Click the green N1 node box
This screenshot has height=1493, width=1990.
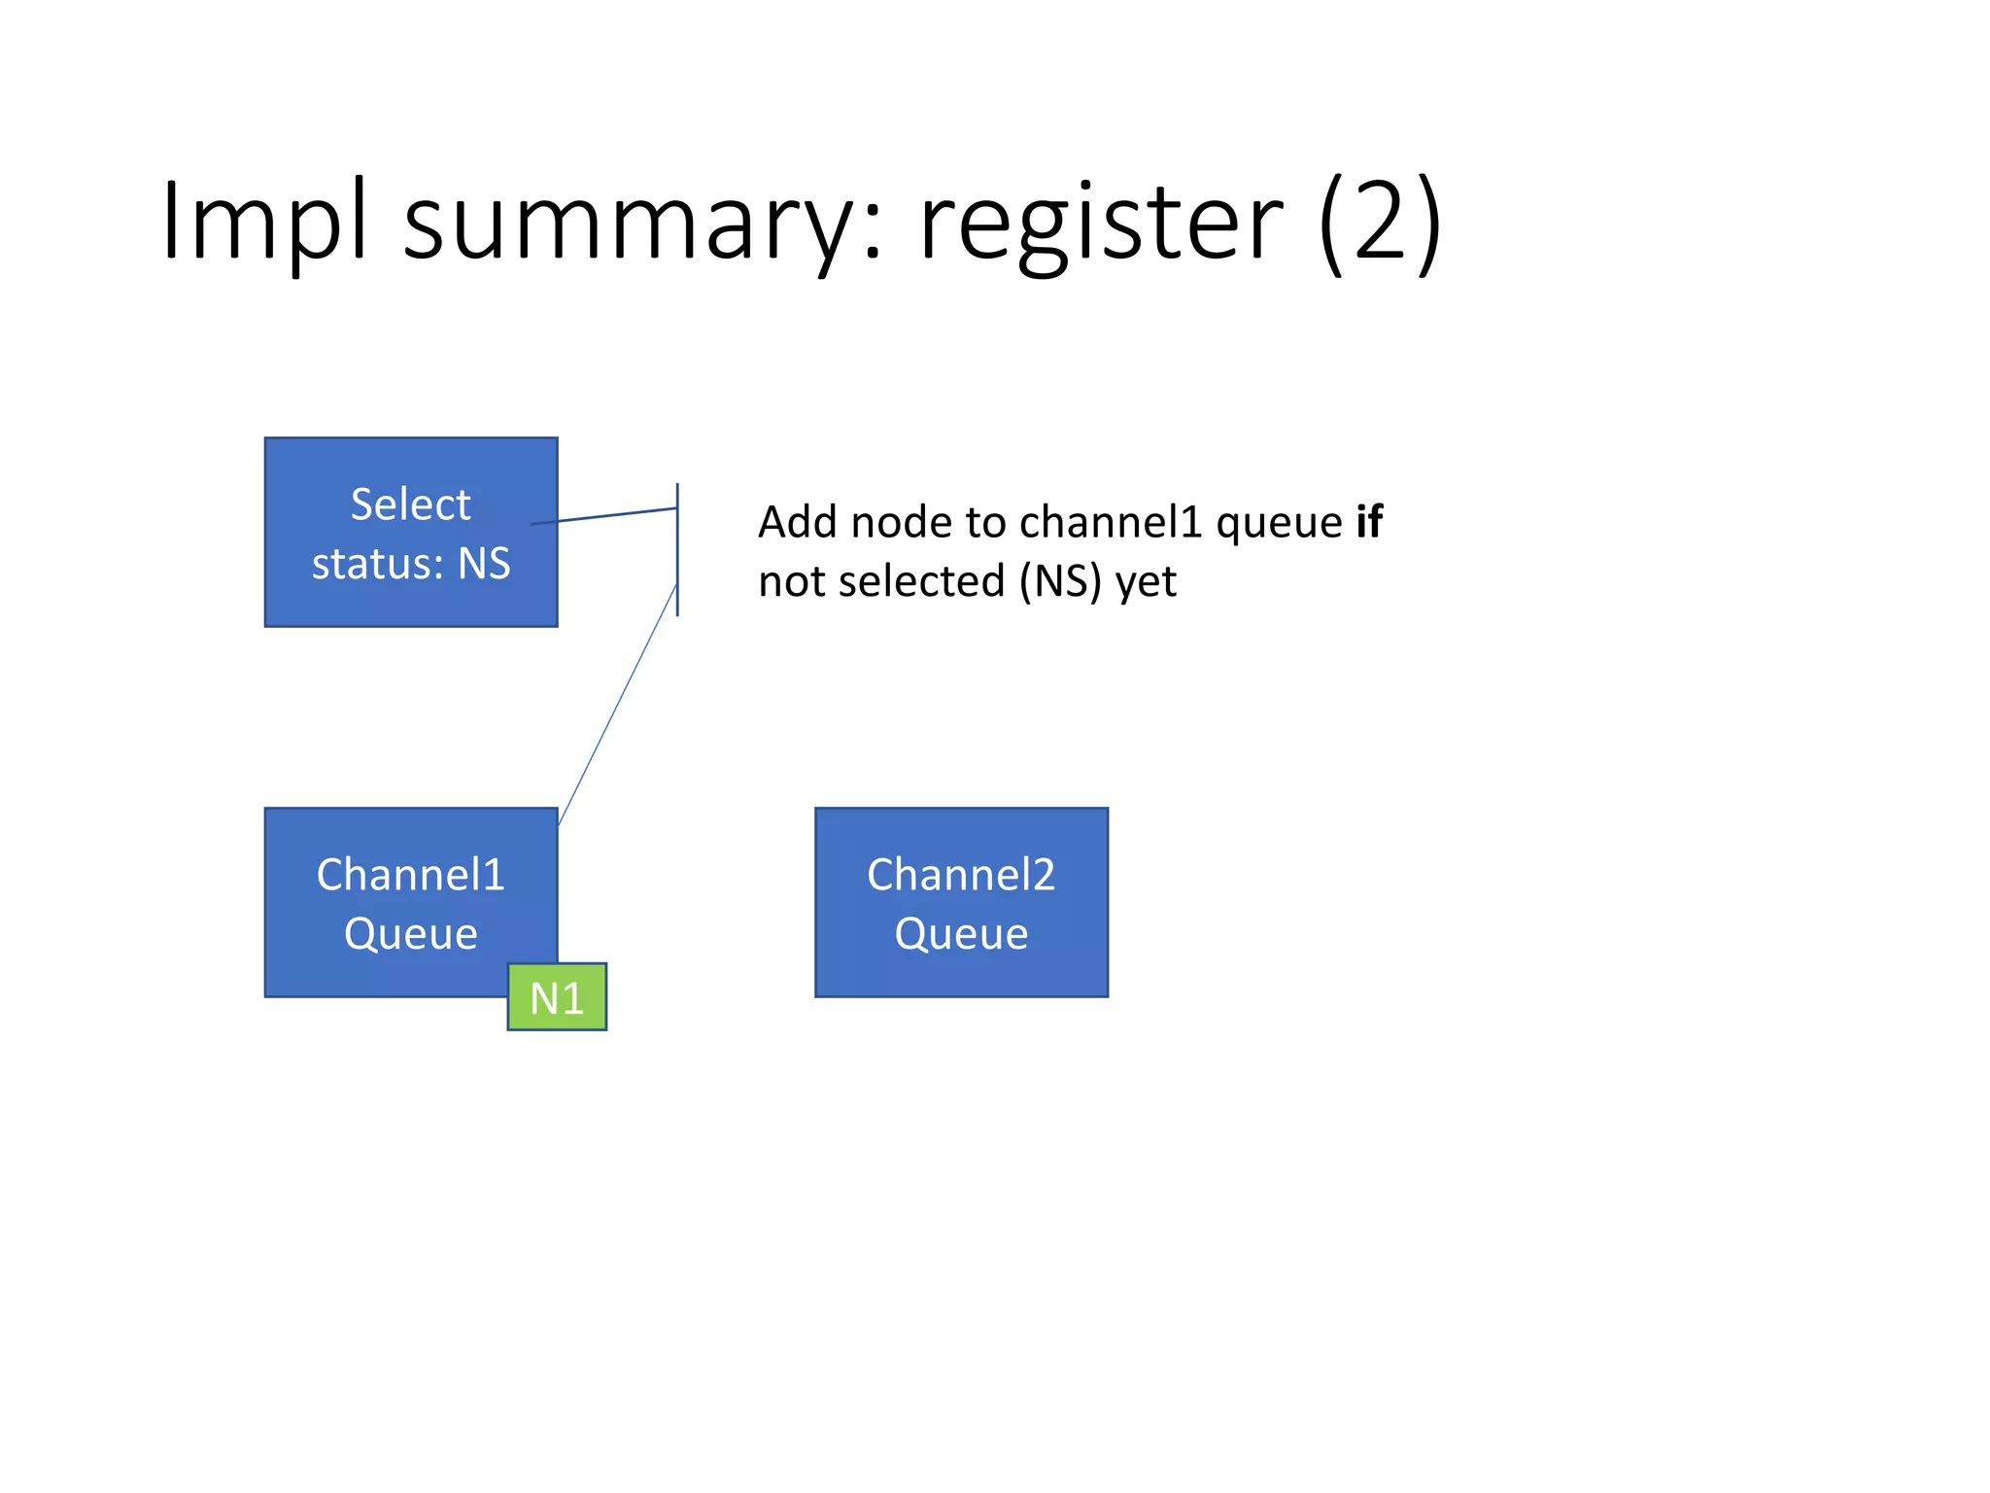(557, 997)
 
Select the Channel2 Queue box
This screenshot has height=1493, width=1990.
(961, 902)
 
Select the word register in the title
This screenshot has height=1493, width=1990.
(1101, 226)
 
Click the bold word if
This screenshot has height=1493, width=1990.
(1369, 522)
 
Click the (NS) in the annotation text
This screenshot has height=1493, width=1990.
(1060, 582)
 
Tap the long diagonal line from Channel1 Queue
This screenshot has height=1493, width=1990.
(618, 705)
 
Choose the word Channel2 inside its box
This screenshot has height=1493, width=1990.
(960, 875)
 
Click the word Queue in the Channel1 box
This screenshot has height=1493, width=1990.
(410, 934)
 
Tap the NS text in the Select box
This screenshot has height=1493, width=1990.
(484, 564)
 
